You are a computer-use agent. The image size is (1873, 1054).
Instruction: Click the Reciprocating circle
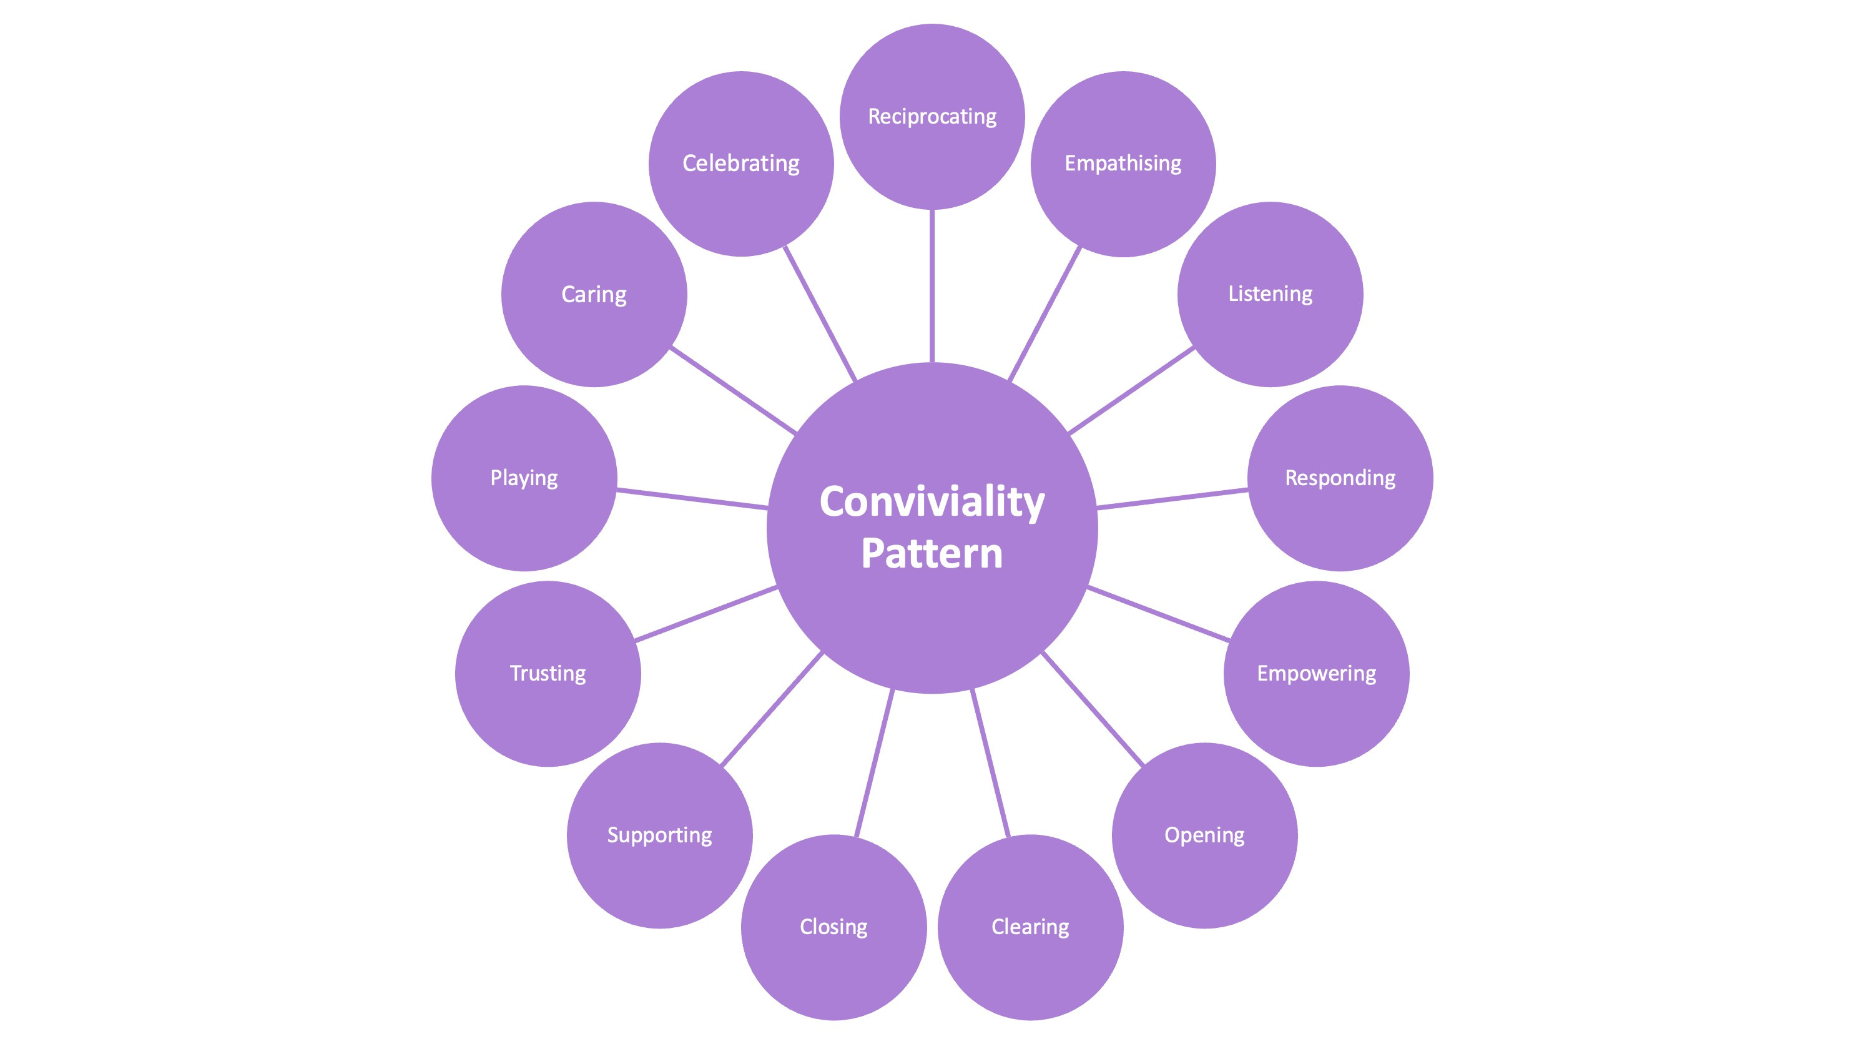point(932,116)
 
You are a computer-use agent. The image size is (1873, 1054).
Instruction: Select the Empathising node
point(1123,164)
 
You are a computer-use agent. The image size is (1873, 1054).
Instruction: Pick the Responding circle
point(1339,478)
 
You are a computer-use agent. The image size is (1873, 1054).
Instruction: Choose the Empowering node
point(1316,674)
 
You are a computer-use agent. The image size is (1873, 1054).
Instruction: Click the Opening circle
point(1204,835)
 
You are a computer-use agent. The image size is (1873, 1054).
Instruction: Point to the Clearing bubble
point(1030,927)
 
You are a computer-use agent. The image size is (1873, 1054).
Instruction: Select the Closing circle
point(833,927)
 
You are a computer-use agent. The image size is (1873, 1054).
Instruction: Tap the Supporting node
point(659,835)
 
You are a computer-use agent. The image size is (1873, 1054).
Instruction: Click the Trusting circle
point(548,674)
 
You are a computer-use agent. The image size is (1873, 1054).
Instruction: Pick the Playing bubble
point(524,478)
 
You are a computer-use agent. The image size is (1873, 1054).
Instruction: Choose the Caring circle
point(593,294)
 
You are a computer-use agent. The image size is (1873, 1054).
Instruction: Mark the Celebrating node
point(741,164)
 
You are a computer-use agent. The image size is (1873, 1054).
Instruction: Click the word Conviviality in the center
point(932,502)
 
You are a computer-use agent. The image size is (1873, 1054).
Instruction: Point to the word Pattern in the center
point(932,554)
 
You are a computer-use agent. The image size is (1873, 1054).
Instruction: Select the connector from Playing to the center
point(692,499)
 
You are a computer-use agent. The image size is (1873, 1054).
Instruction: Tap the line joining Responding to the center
point(1172,499)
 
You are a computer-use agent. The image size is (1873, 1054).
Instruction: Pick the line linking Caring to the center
point(733,390)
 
